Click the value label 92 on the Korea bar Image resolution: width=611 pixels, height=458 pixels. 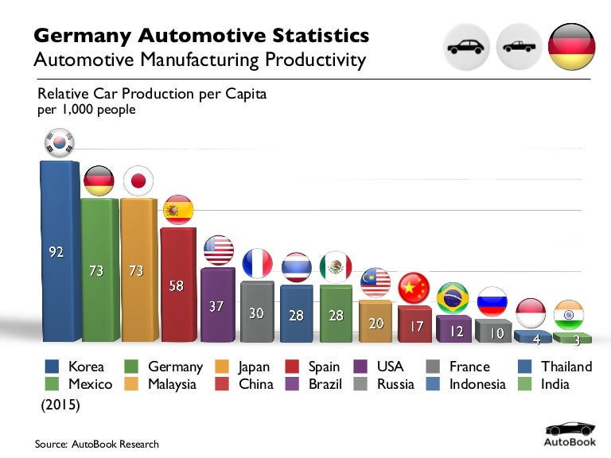(x=56, y=252)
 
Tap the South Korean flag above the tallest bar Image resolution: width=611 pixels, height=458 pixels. (x=58, y=144)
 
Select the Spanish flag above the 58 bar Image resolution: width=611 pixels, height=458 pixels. (x=177, y=210)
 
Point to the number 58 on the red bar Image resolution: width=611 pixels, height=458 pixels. (x=177, y=285)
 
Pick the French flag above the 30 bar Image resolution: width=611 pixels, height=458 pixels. (x=257, y=263)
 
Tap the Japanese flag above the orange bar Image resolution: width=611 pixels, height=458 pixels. (x=138, y=181)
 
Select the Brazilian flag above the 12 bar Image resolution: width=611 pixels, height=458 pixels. (x=453, y=297)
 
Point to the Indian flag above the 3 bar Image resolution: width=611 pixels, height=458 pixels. (x=569, y=313)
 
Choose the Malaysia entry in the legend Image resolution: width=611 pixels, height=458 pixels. (x=162, y=384)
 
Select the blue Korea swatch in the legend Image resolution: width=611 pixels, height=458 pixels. (x=53, y=367)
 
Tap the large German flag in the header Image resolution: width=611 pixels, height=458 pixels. (x=571, y=46)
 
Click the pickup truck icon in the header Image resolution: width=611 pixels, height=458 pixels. (x=519, y=47)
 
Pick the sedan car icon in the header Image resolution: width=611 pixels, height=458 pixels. (x=466, y=47)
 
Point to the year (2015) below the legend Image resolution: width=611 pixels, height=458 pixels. (x=60, y=405)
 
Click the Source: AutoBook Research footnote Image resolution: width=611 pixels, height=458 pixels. (x=97, y=444)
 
